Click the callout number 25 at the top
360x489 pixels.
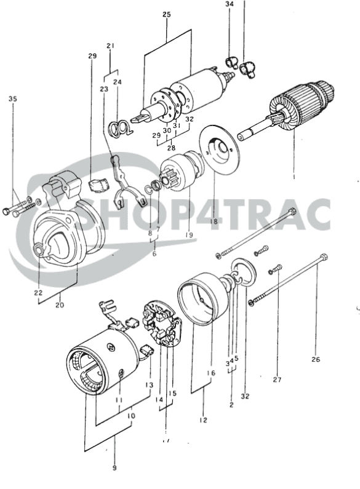click(167, 14)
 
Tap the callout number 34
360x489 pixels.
click(230, 5)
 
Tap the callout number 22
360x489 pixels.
click(38, 292)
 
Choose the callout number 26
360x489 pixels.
click(316, 360)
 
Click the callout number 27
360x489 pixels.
click(277, 380)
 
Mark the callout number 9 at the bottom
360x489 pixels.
click(114, 467)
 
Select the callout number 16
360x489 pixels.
click(211, 373)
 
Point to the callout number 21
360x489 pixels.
click(111, 46)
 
